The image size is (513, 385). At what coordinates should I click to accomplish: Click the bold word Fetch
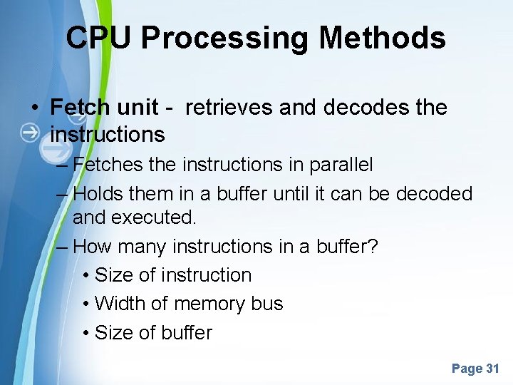(x=80, y=107)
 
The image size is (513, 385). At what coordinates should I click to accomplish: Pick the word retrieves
(x=229, y=107)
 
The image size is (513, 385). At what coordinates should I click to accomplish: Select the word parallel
(x=341, y=165)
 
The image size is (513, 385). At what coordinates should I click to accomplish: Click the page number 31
(x=492, y=369)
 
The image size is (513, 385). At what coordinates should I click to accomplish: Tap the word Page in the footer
(x=467, y=369)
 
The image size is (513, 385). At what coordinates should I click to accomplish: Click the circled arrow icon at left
(x=30, y=133)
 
